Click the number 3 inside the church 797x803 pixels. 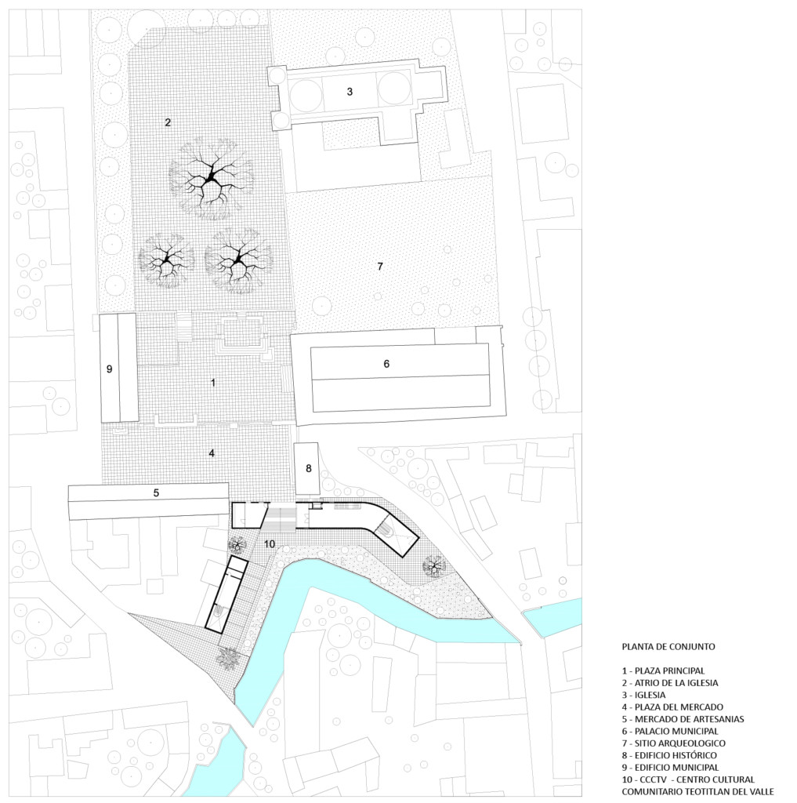point(350,92)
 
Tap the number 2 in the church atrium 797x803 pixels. point(168,122)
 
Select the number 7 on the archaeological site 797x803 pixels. point(380,267)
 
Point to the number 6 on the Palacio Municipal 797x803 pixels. point(386,364)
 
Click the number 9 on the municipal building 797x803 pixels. point(109,369)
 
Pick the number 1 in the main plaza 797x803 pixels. point(213,383)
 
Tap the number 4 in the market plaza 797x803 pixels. point(212,453)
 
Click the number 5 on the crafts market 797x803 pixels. point(156,492)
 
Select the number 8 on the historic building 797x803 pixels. point(309,469)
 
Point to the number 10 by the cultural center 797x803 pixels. point(270,544)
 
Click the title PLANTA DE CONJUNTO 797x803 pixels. point(668,646)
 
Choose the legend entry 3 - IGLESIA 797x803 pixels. point(643,695)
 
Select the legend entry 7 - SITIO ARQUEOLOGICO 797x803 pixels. point(674,743)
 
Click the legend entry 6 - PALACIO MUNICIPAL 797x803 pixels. point(670,732)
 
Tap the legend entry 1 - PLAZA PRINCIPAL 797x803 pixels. point(664,670)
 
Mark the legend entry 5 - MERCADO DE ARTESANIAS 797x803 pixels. point(683,719)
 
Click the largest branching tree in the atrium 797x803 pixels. point(211,178)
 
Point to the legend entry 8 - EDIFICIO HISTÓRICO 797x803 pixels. point(669,755)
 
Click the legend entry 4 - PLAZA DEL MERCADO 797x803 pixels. point(672,707)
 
